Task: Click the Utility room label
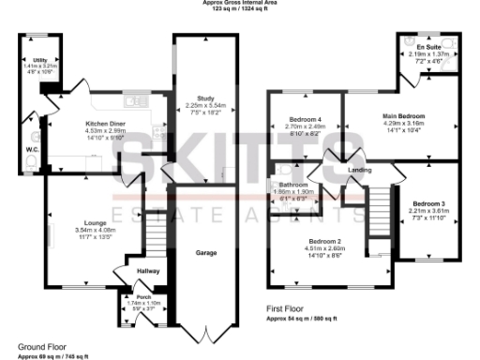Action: (39, 59)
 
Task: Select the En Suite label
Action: (429, 46)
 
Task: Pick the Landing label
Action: (360, 170)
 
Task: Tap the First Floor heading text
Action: (289, 307)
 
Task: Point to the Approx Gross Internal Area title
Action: (240, 3)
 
